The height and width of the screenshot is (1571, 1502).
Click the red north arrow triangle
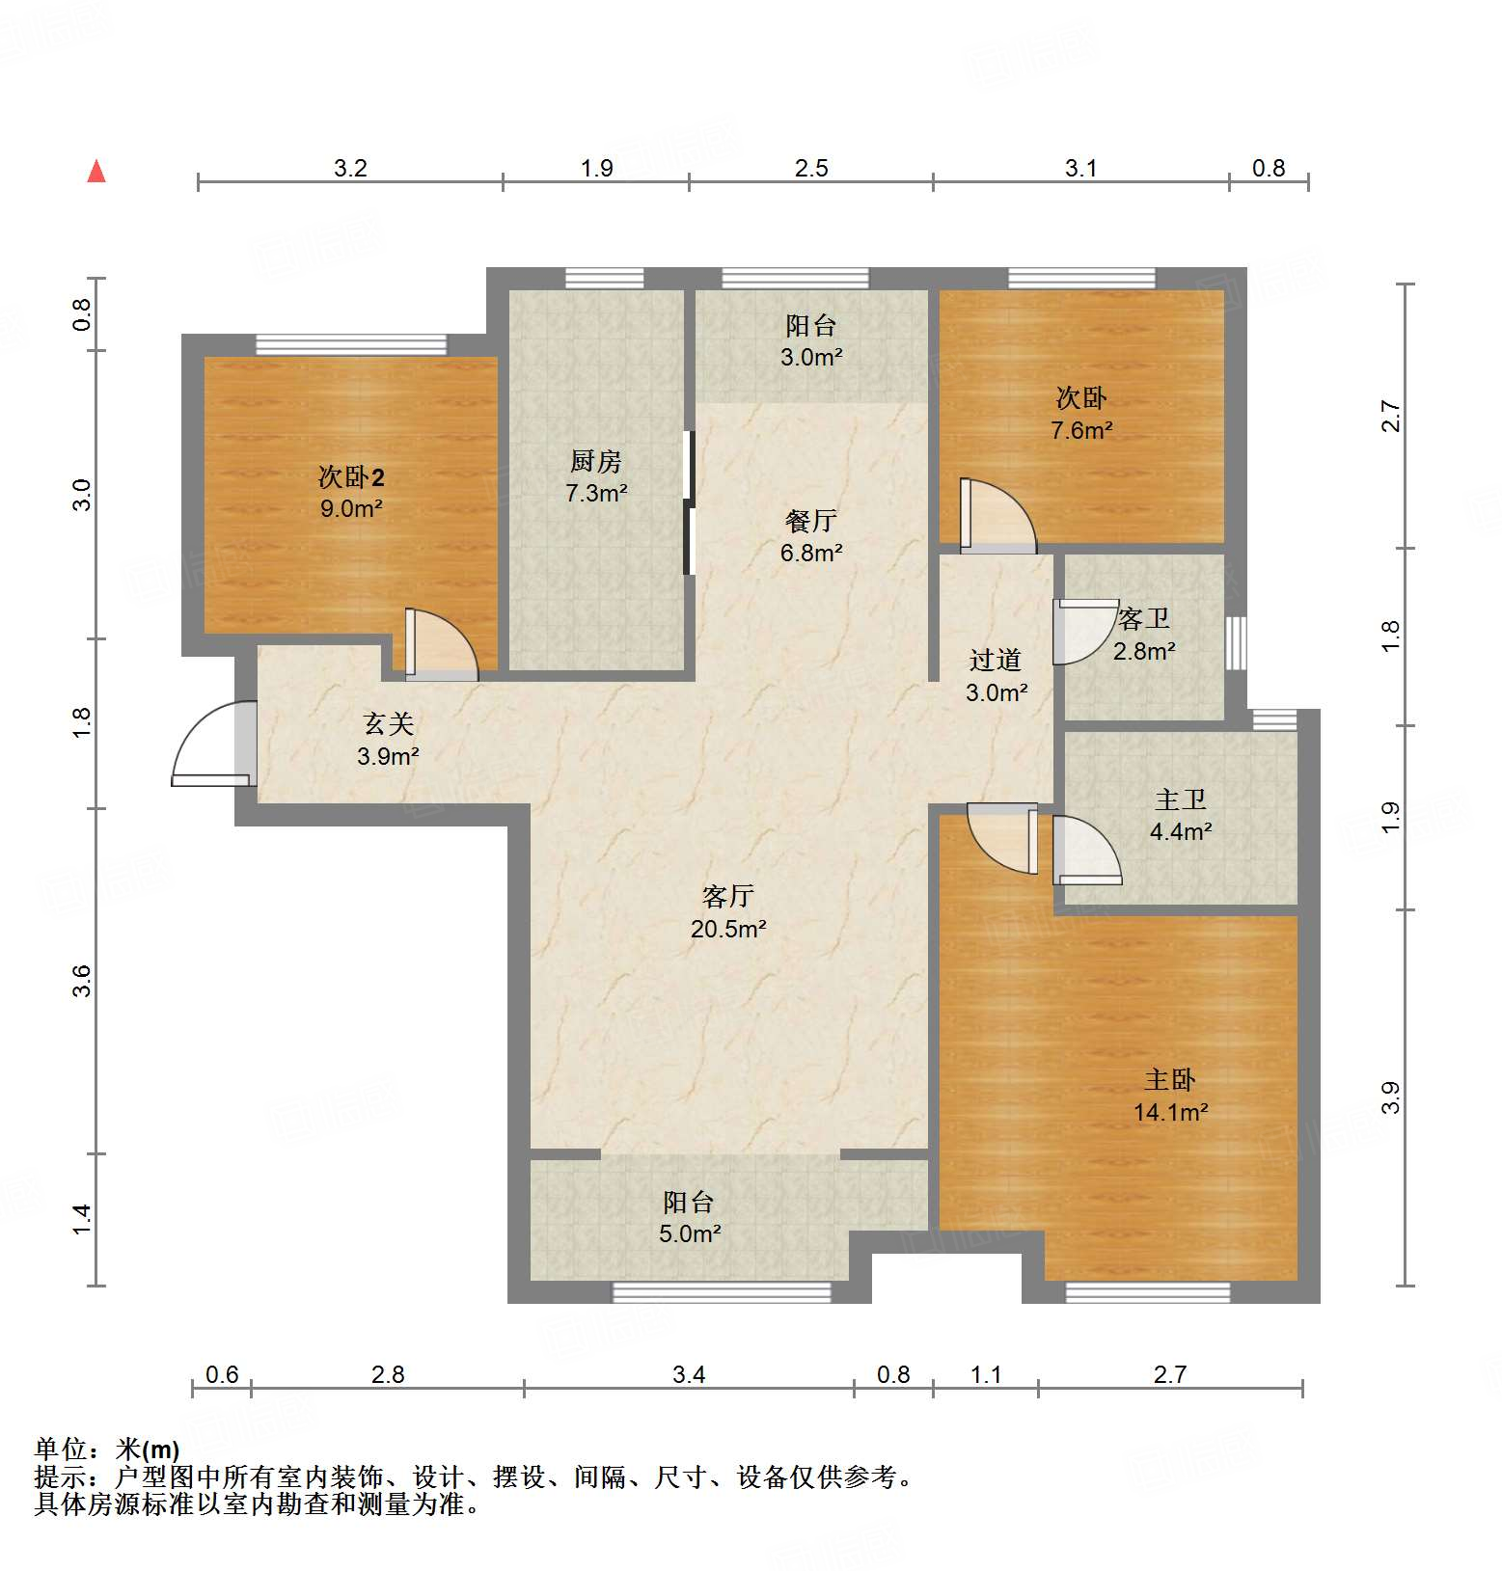(96, 172)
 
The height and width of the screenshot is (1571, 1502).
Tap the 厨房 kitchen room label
(595, 461)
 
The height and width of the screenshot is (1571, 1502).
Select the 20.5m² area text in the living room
(728, 929)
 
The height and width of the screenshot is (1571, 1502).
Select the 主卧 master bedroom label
(1169, 1079)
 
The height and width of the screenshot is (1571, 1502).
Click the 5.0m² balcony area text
(690, 1233)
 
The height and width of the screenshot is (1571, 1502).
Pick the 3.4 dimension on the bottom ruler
(689, 1374)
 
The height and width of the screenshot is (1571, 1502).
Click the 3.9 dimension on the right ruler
(1390, 1097)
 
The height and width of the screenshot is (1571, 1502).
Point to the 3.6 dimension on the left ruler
(82, 981)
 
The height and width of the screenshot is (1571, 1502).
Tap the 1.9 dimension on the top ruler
(596, 169)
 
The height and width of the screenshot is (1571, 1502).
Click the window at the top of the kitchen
(604, 279)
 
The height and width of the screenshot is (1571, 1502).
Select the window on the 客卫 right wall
(1236, 643)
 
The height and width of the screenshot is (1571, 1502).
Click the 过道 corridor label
(995, 660)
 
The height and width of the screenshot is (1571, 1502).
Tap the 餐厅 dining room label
(810, 521)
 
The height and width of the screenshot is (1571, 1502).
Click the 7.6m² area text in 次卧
(1081, 430)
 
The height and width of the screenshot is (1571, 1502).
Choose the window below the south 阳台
(722, 1292)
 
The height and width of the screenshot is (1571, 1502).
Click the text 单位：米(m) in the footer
(107, 1449)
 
